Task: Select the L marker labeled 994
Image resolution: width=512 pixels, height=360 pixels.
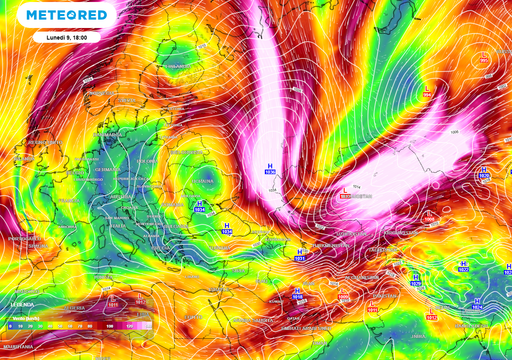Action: [x=428, y=94]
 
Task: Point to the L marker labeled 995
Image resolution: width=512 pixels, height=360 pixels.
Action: [x=484, y=60]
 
